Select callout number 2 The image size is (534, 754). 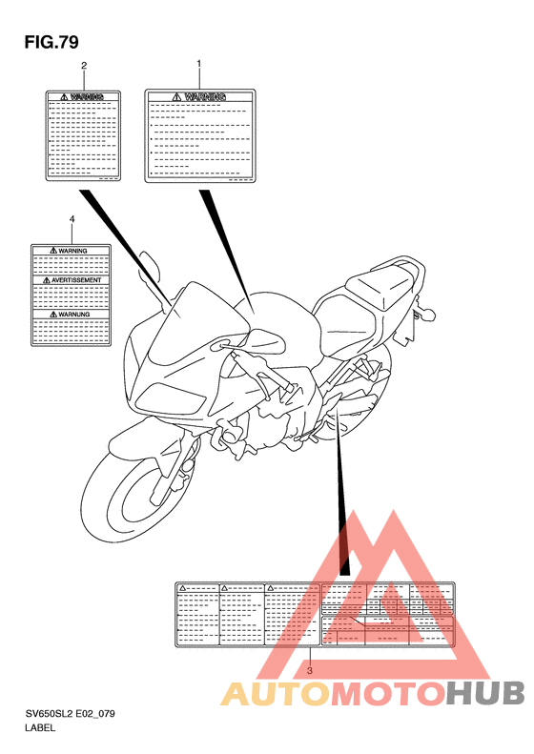[x=84, y=66]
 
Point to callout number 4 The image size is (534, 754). [x=72, y=219]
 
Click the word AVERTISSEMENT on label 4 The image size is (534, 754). [x=72, y=281]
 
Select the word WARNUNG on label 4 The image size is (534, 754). [x=72, y=313]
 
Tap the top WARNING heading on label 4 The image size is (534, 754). [x=72, y=251]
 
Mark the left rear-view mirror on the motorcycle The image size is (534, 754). [x=148, y=261]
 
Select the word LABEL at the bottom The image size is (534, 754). [x=41, y=728]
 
